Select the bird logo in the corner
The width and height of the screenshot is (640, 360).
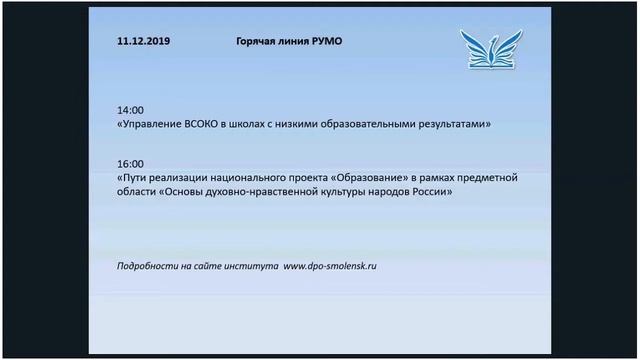490,49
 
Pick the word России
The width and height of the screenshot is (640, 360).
430,193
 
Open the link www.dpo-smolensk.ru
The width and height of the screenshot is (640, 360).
330,267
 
